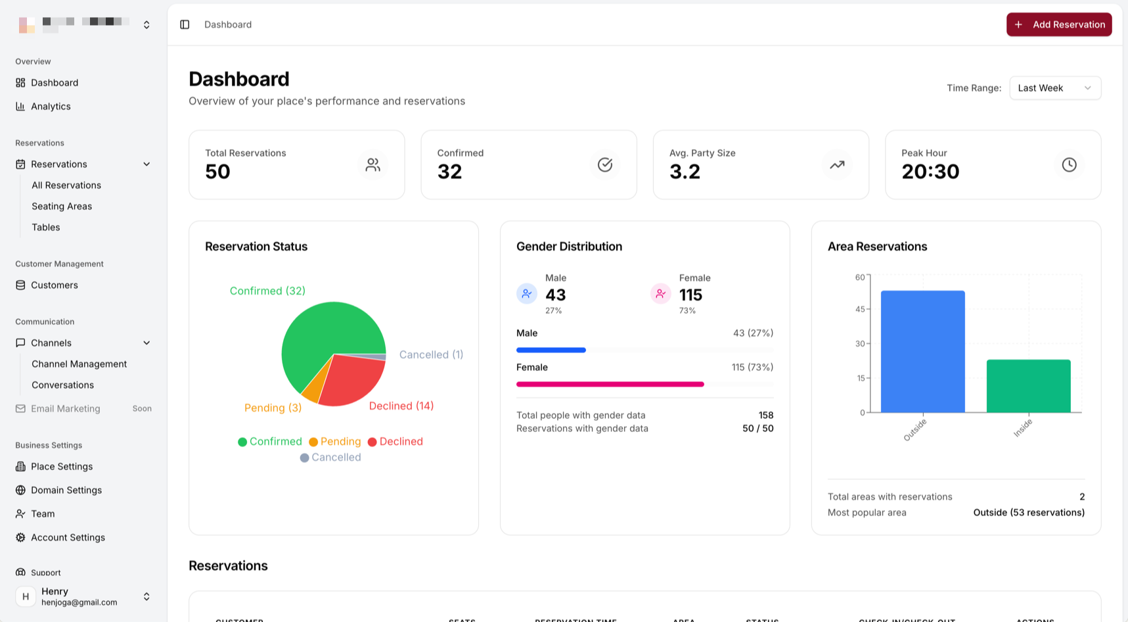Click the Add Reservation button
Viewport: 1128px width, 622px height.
click(x=1058, y=24)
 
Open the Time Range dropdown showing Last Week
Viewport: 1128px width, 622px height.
click(x=1054, y=88)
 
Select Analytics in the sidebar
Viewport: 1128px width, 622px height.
click(x=51, y=107)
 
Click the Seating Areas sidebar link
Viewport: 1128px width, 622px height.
click(x=62, y=206)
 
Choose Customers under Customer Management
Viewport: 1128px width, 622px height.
click(x=54, y=285)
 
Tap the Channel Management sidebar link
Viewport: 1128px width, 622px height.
click(x=79, y=364)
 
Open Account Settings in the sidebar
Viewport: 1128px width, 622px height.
click(x=68, y=538)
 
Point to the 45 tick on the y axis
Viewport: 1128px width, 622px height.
click(x=860, y=309)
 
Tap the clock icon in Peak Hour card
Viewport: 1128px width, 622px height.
click(x=1069, y=164)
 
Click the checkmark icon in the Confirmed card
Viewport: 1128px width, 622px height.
click(x=604, y=164)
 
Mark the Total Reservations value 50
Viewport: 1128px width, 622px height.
click(x=217, y=172)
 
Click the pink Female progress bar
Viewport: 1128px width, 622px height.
click(x=610, y=384)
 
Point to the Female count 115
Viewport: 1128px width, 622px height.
click(x=690, y=295)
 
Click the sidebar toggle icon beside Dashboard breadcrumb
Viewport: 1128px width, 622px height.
click(x=185, y=24)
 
